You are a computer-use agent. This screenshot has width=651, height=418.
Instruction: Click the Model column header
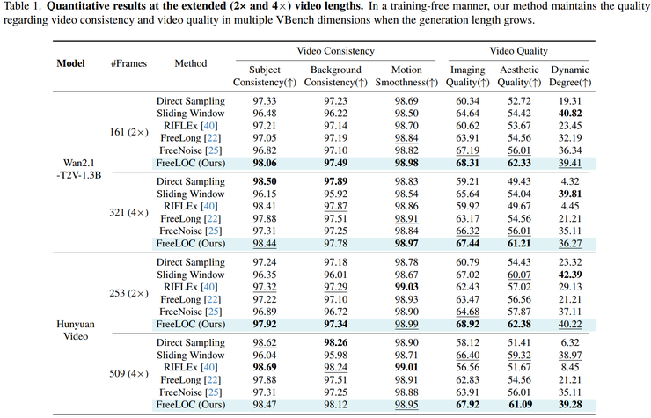point(70,63)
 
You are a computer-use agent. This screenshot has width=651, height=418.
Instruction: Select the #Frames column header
point(128,63)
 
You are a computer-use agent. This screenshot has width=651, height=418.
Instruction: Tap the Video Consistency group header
point(335,51)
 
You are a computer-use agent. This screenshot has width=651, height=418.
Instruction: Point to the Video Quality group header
point(518,51)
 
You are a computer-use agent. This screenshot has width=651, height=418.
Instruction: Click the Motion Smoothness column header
point(406,76)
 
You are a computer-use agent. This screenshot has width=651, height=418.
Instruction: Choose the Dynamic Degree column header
point(570,76)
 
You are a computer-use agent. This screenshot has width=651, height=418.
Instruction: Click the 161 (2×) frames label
point(128,132)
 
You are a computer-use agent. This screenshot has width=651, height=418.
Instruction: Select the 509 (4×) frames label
point(128,373)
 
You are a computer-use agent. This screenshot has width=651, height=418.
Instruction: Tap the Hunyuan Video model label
point(76,330)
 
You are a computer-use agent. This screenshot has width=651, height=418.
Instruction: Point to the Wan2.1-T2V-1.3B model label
point(79,169)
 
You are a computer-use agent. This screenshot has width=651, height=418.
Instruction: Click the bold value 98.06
point(265,163)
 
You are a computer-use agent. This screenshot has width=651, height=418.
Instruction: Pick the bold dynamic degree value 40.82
point(570,114)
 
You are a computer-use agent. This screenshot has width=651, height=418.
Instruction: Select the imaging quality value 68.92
point(467,324)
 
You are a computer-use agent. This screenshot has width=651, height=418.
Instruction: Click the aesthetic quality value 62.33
point(519,163)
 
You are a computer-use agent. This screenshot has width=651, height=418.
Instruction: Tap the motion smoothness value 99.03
point(406,287)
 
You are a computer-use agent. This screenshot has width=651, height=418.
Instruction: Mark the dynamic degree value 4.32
point(570,181)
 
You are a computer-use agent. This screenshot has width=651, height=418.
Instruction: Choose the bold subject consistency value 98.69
point(265,367)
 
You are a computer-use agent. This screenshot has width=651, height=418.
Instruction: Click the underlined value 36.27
point(570,244)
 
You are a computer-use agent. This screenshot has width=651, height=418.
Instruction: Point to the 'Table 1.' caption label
point(22,7)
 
